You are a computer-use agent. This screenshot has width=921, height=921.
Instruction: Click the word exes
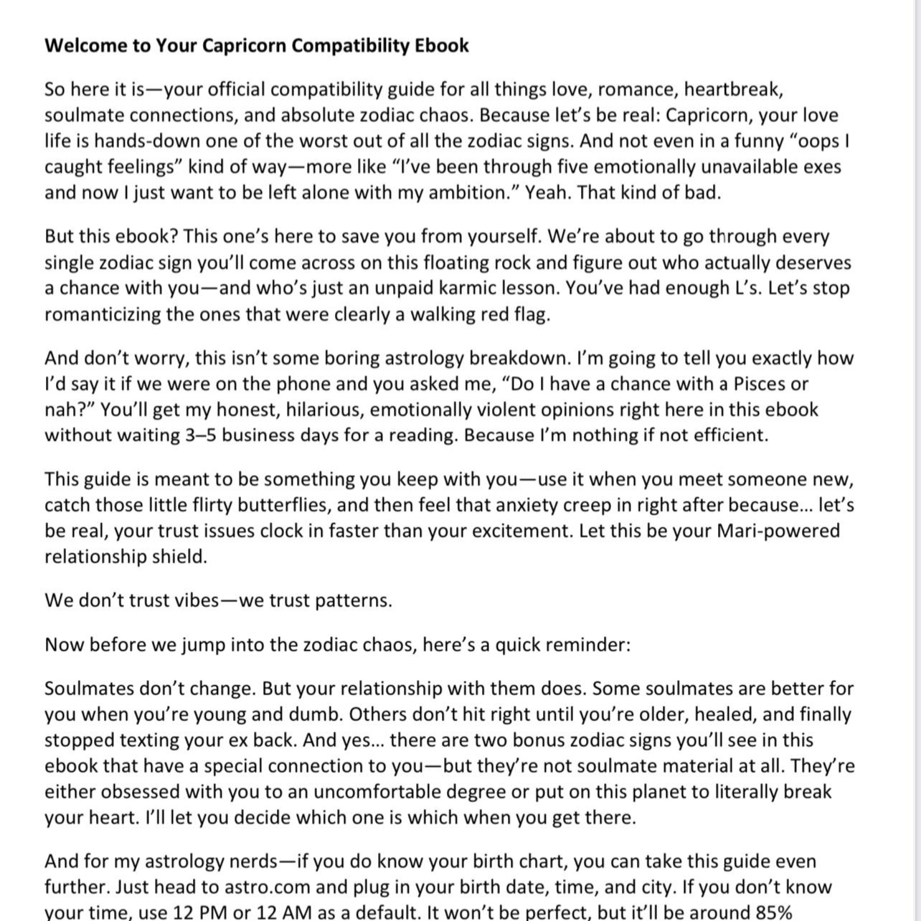pyautogui.click(x=821, y=167)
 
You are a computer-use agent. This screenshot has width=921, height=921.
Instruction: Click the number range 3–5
pyautogui.click(x=200, y=435)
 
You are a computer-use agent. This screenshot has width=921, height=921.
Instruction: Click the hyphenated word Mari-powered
pyautogui.click(x=778, y=531)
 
